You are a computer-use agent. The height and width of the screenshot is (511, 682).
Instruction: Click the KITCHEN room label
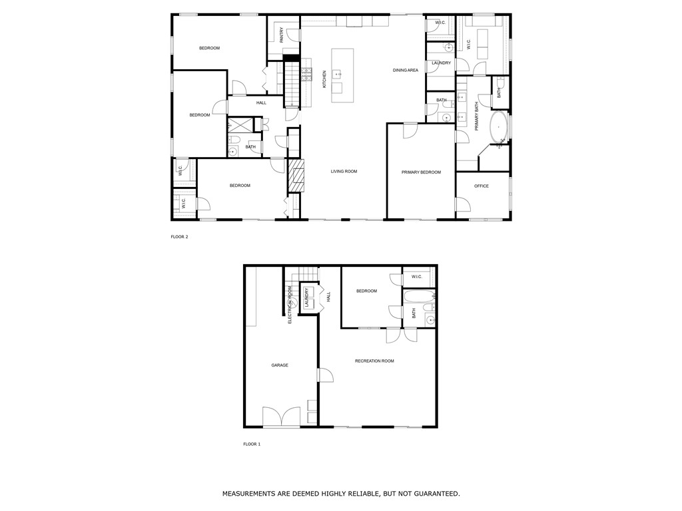[x=324, y=79]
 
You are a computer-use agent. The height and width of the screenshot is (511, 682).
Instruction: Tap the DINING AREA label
[x=405, y=70]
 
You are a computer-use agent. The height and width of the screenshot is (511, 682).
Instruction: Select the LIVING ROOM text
[x=344, y=172]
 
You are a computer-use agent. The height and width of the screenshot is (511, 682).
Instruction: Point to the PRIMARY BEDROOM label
[x=421, y=172]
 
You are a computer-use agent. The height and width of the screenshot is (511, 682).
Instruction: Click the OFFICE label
[x=481, y=186]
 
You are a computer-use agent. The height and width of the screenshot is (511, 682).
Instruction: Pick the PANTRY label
[x=282, y=35]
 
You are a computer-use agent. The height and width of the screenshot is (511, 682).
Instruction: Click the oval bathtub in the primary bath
[x=498, y=126]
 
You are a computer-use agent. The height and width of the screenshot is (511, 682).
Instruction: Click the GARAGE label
[x=280, y=365]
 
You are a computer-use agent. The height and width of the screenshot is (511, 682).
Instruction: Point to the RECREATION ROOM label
[x=374, y=361]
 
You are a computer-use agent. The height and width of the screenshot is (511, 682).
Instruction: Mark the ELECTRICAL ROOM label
[x=290, y=305]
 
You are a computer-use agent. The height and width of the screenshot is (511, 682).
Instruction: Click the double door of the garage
[x=281, y=417]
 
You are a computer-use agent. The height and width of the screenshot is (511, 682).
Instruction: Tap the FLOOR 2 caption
[x=179, y=236]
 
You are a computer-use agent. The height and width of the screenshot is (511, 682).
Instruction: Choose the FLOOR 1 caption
[x=252, y=444]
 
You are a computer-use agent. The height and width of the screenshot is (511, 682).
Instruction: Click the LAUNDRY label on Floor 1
[x=307, y=297]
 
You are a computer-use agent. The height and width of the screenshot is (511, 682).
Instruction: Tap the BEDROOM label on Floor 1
[x=366, y=291]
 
